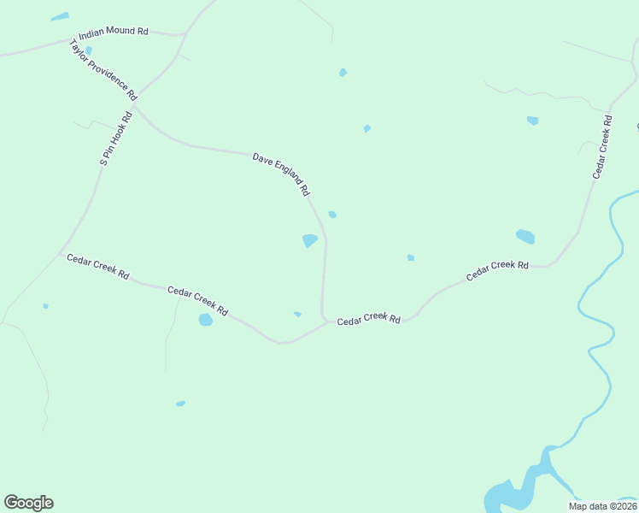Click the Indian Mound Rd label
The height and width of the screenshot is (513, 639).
point(113,32)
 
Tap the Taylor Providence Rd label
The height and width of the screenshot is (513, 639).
point(103,68)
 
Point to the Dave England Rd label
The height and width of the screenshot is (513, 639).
point(280,174)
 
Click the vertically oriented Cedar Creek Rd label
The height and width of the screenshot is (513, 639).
point(602,148)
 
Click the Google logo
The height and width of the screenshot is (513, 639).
point(28,502)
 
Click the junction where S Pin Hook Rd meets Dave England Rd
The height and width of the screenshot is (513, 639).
point(134,107)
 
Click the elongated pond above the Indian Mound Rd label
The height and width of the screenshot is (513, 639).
point(59,16)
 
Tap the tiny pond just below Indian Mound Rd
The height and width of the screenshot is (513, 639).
point(88,50)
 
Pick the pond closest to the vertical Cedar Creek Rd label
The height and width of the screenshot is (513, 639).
point(533,121)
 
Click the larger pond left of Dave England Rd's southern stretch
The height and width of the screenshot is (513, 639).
point(309,240)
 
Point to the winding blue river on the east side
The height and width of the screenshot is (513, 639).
point(598,342)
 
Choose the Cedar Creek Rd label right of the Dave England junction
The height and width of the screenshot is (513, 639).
point(368,320)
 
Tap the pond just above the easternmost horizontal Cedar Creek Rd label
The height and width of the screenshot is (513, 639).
point(525,236)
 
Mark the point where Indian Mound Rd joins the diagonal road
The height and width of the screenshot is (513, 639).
point(184,35)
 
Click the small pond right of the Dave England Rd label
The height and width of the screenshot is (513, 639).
point(332,214)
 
